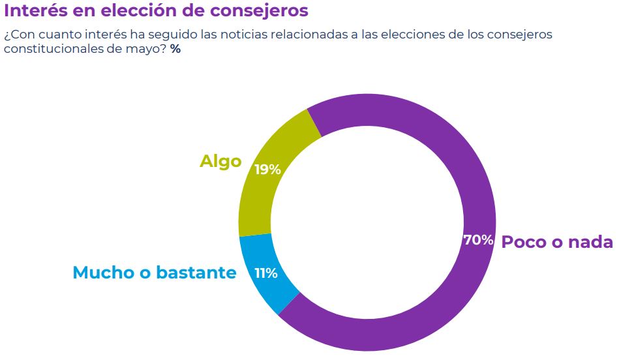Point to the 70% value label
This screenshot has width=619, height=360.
[x=478, y=240]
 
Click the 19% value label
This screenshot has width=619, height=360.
[x=267, y=170]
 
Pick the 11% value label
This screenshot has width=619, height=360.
[x=266, y=273]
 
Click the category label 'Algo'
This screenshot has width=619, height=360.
[x=220, y=161]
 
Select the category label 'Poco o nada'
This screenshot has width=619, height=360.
[x=557, y=242]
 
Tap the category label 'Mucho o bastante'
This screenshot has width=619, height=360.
[x=154, y=273]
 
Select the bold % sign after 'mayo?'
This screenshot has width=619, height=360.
[x=175, y=50]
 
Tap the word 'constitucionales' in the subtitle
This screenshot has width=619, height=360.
[x=52, y=50]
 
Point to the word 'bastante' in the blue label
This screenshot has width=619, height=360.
[x=197, y=273]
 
